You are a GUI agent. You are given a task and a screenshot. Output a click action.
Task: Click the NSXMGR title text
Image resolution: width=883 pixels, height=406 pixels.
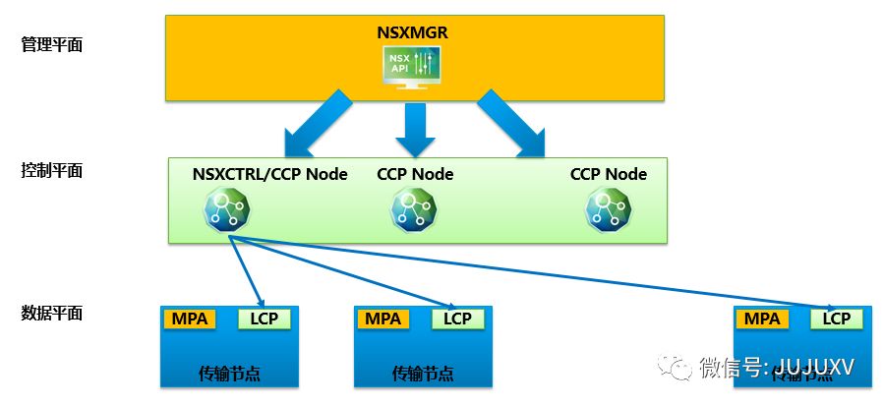click(x=413, y=31)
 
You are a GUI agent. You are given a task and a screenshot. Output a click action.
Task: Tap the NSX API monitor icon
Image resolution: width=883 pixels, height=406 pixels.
click(x=412, y=67)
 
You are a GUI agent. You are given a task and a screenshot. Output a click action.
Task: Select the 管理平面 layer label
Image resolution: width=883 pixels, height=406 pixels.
click(x=52, y=43)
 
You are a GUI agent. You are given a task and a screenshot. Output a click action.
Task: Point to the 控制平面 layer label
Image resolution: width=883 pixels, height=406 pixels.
click(x=52, y=170)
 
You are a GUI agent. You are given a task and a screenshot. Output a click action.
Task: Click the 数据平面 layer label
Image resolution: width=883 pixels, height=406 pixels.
click(x=52, y=314)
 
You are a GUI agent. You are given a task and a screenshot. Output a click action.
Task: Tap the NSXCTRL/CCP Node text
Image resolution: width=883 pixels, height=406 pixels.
click(x=270, y=174)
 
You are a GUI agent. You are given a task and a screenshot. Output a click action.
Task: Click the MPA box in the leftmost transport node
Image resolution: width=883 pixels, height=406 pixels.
click(x=189, y=319)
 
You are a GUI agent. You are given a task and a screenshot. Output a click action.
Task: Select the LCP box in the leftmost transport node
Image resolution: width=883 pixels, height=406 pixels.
click(x=265, y=319)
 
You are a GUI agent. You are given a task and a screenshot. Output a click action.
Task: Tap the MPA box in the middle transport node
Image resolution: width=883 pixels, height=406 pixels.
click(x=383, y=319)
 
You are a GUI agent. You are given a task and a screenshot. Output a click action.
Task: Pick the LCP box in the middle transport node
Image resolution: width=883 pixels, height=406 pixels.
click(x=457, y=319)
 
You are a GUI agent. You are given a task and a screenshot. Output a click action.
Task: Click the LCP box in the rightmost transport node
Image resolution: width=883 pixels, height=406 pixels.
click(x=837, y=319)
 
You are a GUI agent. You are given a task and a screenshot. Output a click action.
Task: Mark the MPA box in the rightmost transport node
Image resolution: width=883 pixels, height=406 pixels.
click(x=762, y=319)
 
